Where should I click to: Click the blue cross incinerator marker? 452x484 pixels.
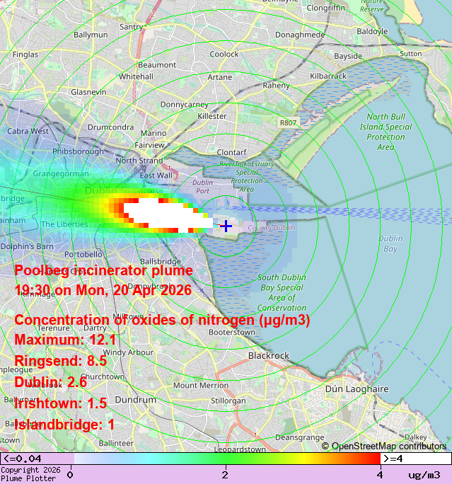click(x=226, y=226)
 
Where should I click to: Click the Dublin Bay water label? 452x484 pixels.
click(x=390, y=243)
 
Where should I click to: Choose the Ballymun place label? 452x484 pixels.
click(x=91, y=34)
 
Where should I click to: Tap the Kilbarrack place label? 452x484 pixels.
click(x=328, y=75)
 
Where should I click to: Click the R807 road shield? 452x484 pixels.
click(x=288, y=122)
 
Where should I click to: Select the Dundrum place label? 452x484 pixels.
click(x=135, y=400)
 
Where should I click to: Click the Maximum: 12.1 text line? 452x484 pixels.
click(x=65, y=340)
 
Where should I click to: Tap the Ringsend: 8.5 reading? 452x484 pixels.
click(x=60, y=361)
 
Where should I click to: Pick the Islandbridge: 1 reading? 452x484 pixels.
click(x=64, y=425)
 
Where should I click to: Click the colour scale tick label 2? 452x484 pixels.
click(x=225, y=474)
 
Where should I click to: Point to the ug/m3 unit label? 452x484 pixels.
click(x=424, y=475)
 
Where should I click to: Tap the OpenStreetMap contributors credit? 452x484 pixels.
click(x=384, y=446)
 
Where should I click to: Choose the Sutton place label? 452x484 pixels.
click(x=410, y=53)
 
